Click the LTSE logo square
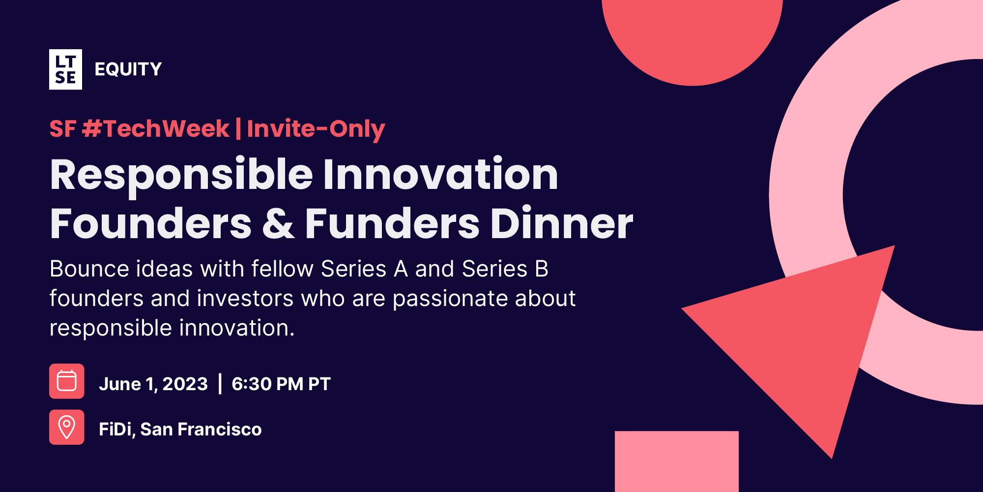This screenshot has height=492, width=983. pyautogui.click(x=65, y=69)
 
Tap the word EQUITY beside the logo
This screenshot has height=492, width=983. pyautogui.click(x=128, y=69)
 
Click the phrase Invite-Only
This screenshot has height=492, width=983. pyautogui.click(x=316, y=129)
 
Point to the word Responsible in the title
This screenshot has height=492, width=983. pyautogui.click(x=181, y=175)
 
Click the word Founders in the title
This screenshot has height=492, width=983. pyautogui.click(x=150, y=224)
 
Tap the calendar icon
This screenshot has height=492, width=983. pyautogui.click(x=66, y=381)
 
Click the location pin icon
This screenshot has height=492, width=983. pyautogui.click(x=66, y=427)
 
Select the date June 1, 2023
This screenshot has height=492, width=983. pyautogui.click(x=153, y=384)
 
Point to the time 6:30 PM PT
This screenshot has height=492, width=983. pyautogui.click(x=281, y=384)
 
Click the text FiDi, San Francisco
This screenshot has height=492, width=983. pyautogui.click(x=180, y=430)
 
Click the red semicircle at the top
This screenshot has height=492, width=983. pyautogui.click(x=692, y=39)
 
